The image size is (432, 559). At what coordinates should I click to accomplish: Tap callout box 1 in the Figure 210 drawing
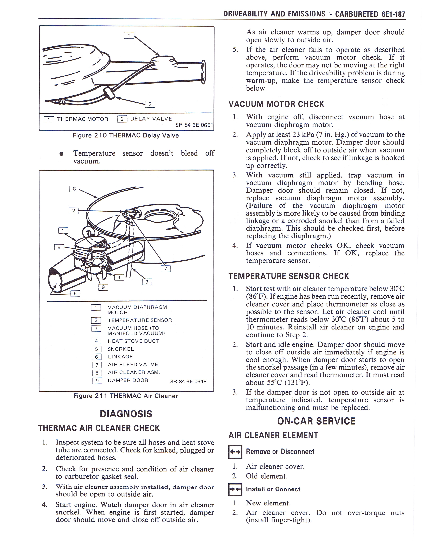(129, 35)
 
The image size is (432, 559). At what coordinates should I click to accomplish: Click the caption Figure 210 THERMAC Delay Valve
(126, 135)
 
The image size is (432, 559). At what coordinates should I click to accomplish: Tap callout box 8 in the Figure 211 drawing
(74, 189)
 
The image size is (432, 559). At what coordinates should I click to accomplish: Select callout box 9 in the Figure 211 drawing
(103, 287)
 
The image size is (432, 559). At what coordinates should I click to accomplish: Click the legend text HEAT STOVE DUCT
(133, 341)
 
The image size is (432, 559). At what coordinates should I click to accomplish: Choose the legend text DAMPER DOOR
(128, 380)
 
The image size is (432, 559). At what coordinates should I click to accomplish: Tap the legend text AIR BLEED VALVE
(133, 365)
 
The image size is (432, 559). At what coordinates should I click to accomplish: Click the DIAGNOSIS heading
(126, 414)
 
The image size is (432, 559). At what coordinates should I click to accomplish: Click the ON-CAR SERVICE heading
(316, 421)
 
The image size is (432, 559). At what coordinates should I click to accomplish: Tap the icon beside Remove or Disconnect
(235, 452)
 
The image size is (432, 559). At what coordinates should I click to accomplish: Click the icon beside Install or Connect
(235, 489)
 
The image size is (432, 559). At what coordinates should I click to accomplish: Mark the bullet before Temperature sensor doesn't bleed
(61, 154)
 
